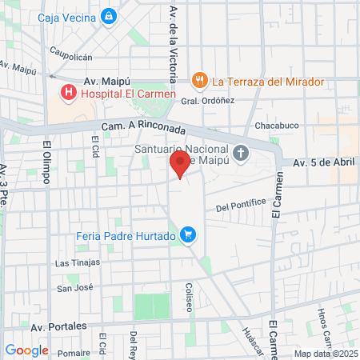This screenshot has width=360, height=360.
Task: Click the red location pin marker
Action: click(180, 164)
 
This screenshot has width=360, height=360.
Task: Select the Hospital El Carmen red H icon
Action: click(69, 94)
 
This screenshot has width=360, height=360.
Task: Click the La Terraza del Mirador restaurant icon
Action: click(199, 81)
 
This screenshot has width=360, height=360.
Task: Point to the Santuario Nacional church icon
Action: click(241, 153)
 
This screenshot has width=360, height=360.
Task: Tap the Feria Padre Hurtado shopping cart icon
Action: click(188, 234)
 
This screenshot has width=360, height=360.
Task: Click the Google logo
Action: click(26, 350)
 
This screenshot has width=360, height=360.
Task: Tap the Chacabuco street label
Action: click(276, 126)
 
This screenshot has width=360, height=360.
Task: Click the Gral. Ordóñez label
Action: click(207, 101)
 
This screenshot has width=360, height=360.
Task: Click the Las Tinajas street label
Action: click(78, 262)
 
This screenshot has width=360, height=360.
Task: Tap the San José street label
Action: click(75, 288)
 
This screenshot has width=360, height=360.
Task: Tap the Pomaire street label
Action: click(74, 352)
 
